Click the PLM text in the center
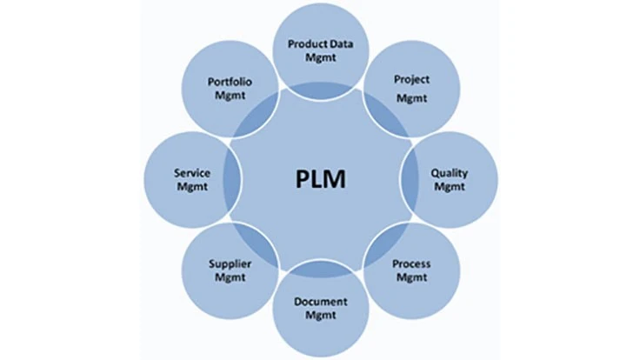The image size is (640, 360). pos(320,179)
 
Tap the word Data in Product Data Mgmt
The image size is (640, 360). pos(342,43)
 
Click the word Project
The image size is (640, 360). pos(411,80)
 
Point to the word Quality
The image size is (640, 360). pos(450,173)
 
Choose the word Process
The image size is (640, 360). pos(411,264)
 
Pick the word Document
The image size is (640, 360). pos(321,302)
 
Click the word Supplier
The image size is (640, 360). pos(230,264)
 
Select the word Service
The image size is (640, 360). pos(192,173)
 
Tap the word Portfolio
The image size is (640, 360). pos(230,82)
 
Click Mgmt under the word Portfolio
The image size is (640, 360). pos(230,96)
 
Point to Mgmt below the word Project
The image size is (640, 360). pos(412,98)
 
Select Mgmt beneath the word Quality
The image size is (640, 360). pos(450,187)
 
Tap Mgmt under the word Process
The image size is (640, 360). pos(412,277)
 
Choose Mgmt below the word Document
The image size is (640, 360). pos(321,315)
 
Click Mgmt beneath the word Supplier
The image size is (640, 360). pos(230,277)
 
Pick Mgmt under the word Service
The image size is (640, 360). pos(192,187)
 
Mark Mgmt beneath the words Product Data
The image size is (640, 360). pos(321,57)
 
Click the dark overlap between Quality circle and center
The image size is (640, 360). pos(410,180)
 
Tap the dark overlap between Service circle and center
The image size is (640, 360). pos(232,180)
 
